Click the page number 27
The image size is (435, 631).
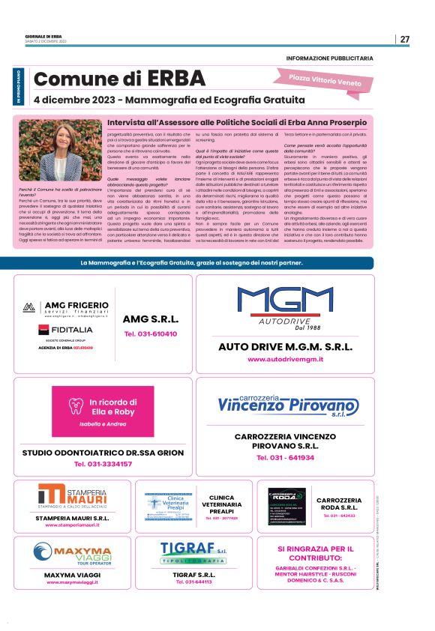(x=404, y=39)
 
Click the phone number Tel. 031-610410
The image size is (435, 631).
(x=151, y=333)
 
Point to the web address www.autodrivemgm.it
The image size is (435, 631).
(x=285, y=360)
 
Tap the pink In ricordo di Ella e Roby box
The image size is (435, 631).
(x=104, y=412)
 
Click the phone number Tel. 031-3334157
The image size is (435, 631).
(x=103, y=464)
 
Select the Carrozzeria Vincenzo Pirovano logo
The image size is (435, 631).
(x=285, y=405)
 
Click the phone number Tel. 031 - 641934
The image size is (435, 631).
(x=285, y=456)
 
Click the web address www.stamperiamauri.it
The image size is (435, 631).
(x=73, y=525)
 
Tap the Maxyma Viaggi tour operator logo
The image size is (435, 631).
(x=73, y=555)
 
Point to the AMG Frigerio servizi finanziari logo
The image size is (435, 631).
(x=66, y=309)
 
